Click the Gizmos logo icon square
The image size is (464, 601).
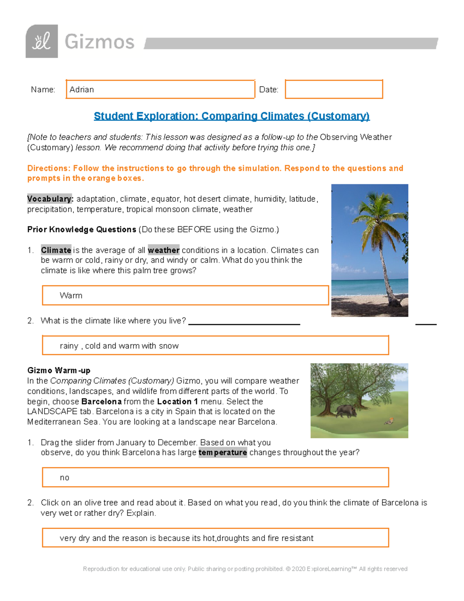pos(42,41)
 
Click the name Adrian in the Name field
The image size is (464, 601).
pos(82,89)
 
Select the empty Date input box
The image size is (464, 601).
pos(334,89)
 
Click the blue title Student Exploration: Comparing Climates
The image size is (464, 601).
pos(232,116)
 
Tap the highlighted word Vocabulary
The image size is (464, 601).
pos(50,199)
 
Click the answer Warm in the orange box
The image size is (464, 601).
pos(71,296)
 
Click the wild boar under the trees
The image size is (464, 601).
pos(346,411)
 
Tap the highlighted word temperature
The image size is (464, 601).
pos(223,452)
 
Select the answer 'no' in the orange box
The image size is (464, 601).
pos(65,478)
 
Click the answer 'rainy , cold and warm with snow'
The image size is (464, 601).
pos(119,346)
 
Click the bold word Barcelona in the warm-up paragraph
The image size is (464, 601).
pos(101,402)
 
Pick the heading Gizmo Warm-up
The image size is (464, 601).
pos(59,370)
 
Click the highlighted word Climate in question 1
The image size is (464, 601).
pos(56,250)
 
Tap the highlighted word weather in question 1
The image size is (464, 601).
pos(164,250)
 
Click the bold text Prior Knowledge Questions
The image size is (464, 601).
pos(82,229)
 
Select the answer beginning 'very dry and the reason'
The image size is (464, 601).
pos(186,538)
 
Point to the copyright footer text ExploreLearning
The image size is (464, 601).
pos(329,569)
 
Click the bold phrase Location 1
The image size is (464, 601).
pos(177,402)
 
